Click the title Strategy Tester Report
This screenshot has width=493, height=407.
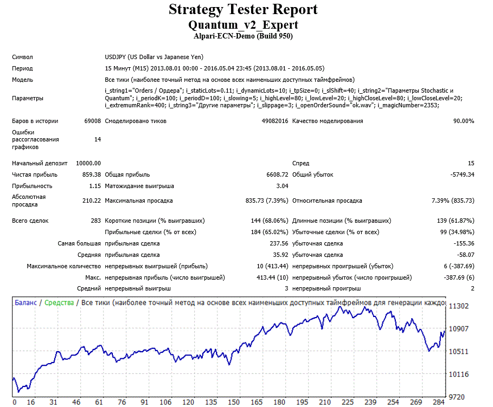[243, 9]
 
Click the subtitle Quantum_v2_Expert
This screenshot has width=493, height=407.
[243, 25]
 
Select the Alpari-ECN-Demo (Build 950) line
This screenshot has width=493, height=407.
[243, 36]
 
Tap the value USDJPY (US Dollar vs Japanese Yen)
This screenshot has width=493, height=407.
[154, 57]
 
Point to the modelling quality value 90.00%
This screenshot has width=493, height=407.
[464, 121]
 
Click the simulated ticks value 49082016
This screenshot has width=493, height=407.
[275, 121]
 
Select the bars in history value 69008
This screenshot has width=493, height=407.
[92, 121]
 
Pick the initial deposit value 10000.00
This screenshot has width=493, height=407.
[88, 163]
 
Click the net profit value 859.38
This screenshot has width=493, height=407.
[92, 175]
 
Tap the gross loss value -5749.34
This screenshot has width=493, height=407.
[462, 175]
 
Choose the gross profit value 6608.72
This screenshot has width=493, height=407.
[277, 175]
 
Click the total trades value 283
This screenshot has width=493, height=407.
[96, 221]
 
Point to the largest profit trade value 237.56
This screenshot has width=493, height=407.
[279, 243]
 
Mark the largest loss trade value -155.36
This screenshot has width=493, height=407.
[464, 243]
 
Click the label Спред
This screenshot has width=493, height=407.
[300, 163]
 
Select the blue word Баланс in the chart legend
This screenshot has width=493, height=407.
[26, 302]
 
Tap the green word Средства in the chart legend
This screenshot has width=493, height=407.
[59, 302]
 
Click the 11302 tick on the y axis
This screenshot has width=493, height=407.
[459, 306]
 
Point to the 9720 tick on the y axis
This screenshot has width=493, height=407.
[457, 397]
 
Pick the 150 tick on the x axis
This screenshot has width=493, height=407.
[234, 402]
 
